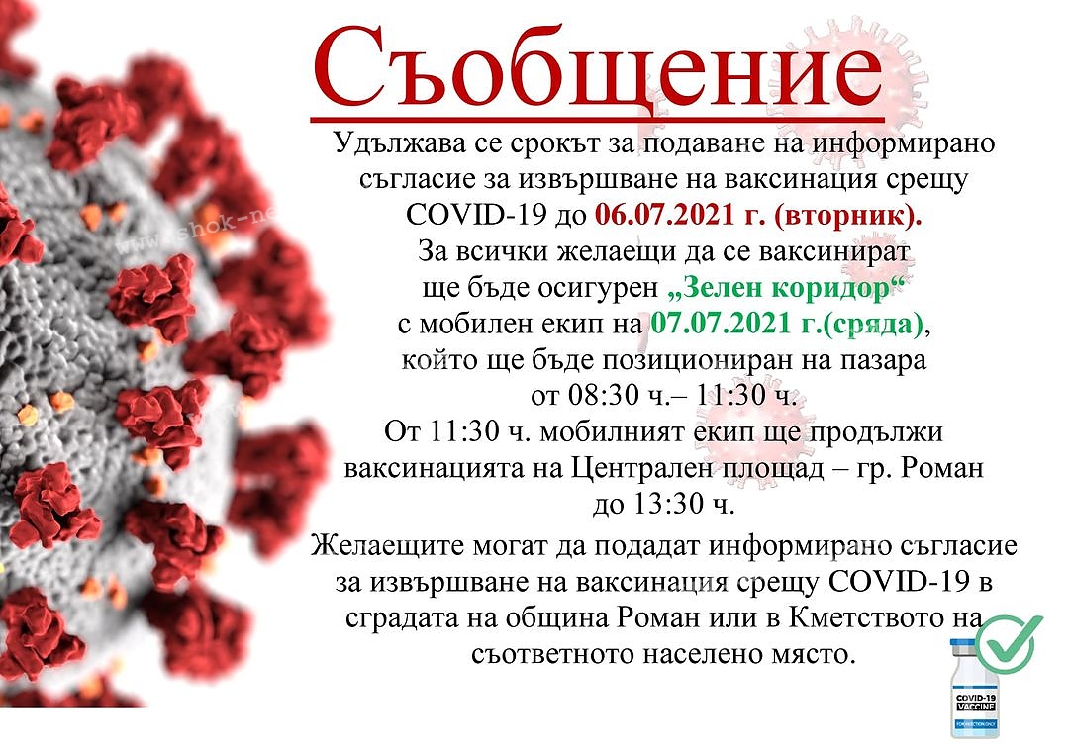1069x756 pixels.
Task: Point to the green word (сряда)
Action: point(874,325)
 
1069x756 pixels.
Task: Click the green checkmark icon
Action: point(1009,641)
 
